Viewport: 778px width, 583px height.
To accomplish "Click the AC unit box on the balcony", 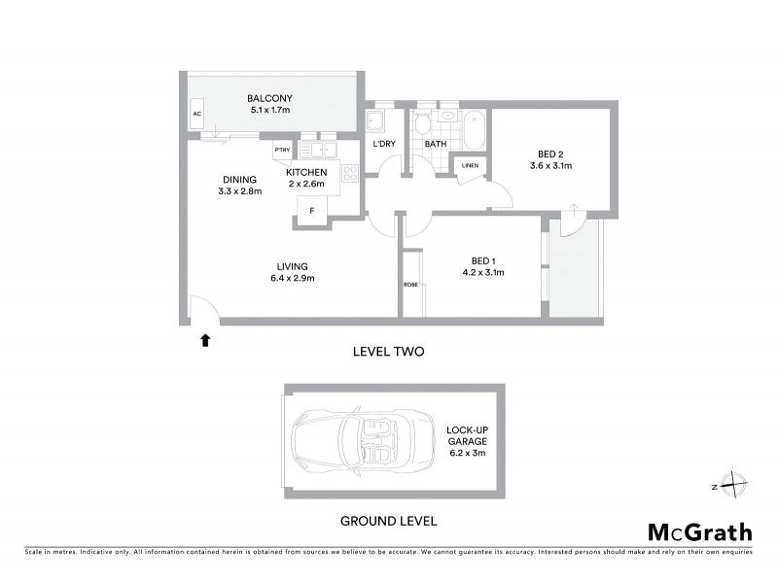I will [196, 114].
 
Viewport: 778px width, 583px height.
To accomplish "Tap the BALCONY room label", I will [269, 98].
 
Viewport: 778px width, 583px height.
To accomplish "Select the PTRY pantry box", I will [282, 150].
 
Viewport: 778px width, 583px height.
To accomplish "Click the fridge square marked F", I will [312, 211].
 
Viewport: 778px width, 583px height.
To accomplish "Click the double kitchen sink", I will [317, 150].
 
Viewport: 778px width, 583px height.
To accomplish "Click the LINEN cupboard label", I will [471, 166].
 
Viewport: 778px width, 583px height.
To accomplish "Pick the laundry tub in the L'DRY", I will [374, 123].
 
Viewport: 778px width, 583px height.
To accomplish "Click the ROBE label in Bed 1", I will [410, 285].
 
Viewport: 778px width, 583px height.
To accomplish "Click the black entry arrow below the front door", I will [205, 340].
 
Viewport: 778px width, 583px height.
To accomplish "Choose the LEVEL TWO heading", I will [388, 351].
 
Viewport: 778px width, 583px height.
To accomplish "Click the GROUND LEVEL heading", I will [388, 520].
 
